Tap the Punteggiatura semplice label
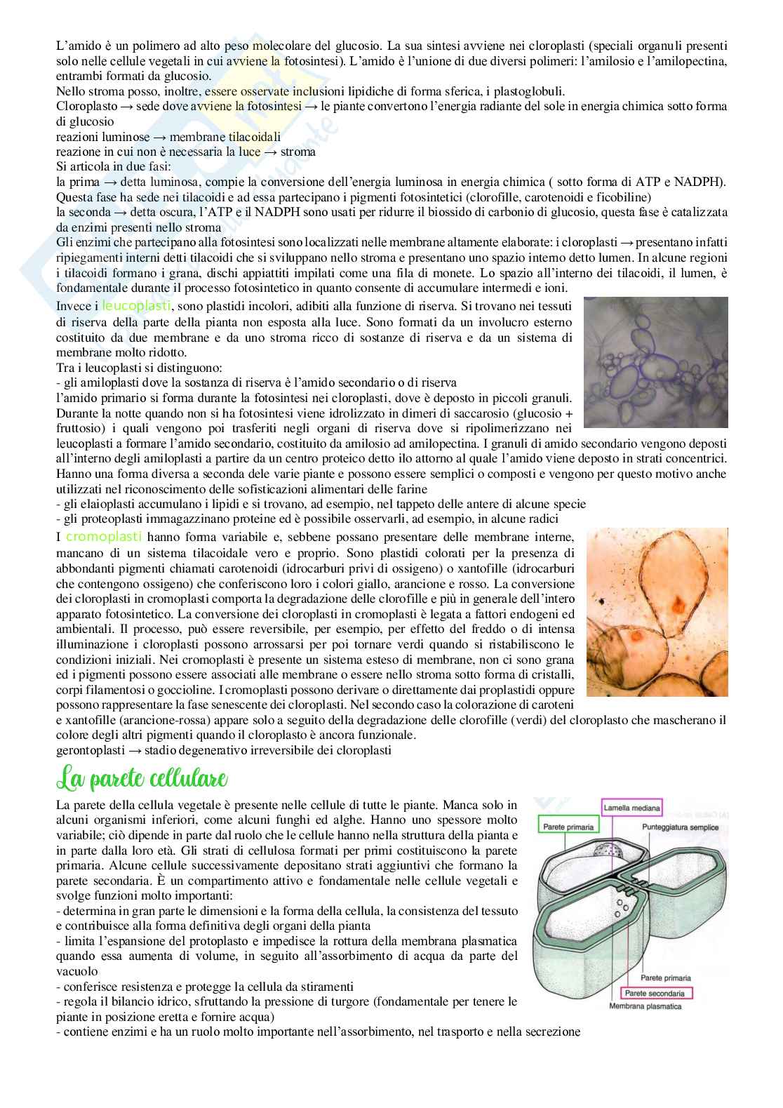click(x=679, y=828)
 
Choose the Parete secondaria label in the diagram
click(x=655, y=993)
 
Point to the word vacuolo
click(x=76, y=971)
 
